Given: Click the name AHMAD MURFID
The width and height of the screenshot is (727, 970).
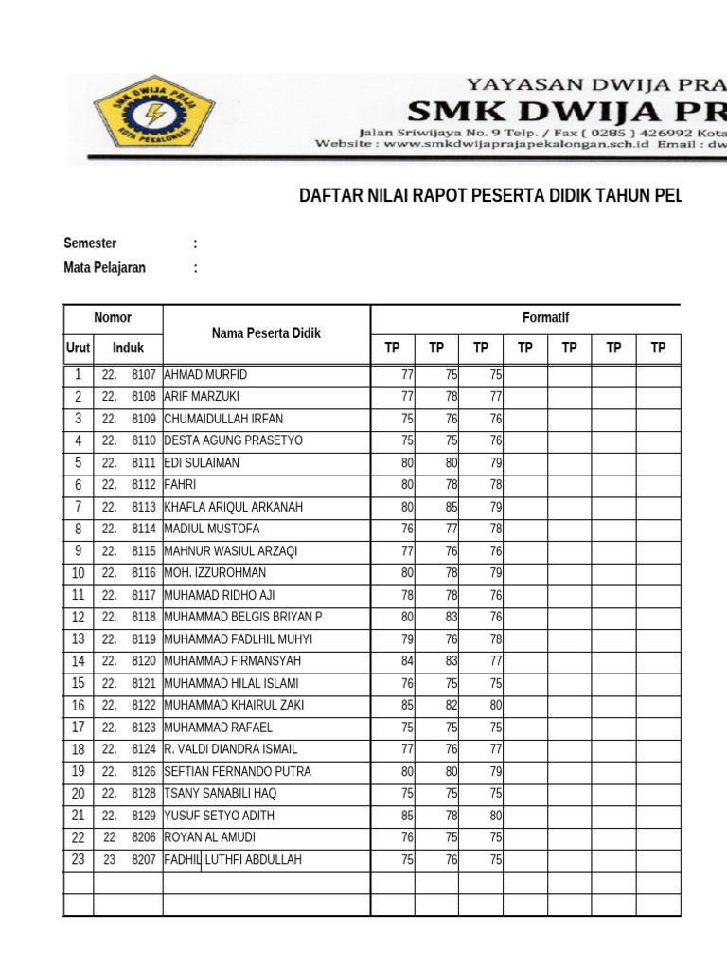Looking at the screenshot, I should [205, 375].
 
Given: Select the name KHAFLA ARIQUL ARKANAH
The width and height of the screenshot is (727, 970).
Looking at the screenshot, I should [233, 507].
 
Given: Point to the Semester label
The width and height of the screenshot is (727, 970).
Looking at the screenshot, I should [90, 243].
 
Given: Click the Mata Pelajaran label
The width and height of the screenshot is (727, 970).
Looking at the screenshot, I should [104, 268].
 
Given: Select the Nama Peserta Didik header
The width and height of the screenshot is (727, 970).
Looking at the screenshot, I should [266, 333].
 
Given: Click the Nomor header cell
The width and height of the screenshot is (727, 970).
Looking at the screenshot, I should [113, 318].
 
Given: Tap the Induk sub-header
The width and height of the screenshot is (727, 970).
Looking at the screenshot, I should [128, 349].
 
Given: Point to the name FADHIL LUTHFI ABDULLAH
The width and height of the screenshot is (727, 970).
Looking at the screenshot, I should [233, 860].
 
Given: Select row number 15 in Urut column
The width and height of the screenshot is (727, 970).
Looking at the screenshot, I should [78, 683].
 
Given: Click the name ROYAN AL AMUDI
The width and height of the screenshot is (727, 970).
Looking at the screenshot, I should [209, 837].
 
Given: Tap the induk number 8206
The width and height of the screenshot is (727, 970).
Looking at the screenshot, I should [143, 837].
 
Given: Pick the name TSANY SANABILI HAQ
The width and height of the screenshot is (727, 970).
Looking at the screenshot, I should [221, 794].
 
